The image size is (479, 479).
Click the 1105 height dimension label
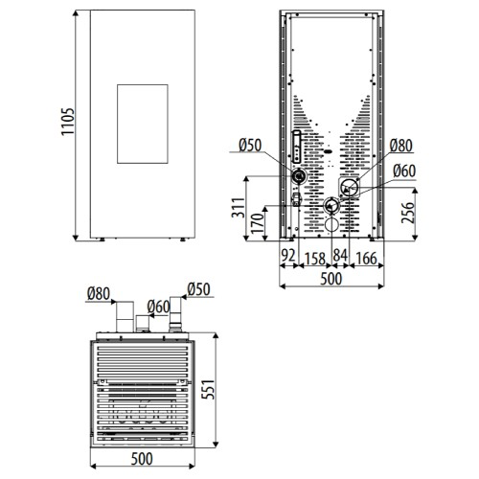coord(68,122)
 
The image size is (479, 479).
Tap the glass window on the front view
coord(143,124)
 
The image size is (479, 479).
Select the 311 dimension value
coord(239,208)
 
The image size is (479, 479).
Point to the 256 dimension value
coord(407,213)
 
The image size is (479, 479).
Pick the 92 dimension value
coord(288,255)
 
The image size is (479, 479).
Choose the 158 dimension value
coord(315,259)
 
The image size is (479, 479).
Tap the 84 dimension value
coord(340,255)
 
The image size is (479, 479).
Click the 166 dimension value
coord(366,259)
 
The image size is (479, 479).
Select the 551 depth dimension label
coord(208,389)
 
